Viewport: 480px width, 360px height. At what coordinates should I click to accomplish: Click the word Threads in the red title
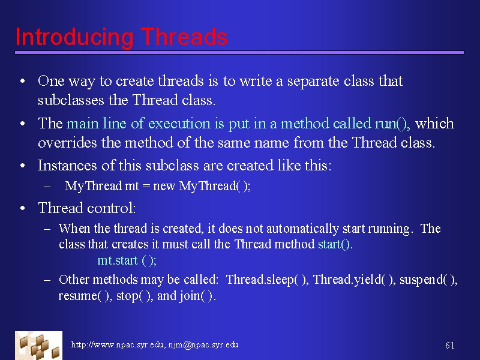coord(184,37)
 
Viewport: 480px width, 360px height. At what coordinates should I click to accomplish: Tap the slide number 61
coord(449,346)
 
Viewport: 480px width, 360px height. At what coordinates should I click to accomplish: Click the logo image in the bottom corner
coord(38,346)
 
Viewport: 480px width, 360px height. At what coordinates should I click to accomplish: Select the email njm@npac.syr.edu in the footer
coord(203,344)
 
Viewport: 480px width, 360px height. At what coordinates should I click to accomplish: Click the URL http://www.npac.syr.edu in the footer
coord(117,344)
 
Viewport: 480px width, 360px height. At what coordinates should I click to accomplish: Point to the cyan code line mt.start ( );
coord(127,260)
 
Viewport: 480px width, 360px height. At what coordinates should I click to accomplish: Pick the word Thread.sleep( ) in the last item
coord(266,280)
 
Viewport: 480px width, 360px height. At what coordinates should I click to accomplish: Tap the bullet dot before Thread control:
coord(22,208)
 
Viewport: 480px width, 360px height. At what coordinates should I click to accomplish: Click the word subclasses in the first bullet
coord(71,100)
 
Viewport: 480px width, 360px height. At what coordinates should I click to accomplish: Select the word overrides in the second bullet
coord(67,143)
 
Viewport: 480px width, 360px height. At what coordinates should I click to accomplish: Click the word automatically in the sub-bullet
coord(302,229)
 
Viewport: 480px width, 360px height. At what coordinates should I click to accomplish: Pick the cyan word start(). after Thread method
coord(335,244)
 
